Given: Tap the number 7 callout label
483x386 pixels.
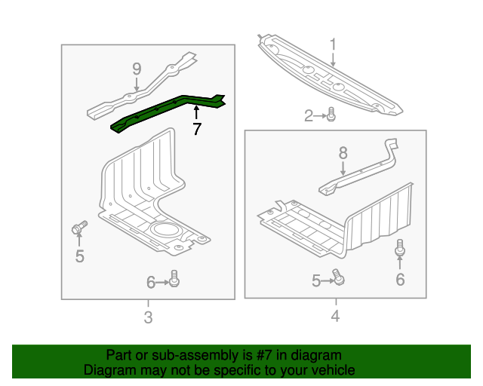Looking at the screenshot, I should (197, 130).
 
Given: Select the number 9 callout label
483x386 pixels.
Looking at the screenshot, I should (137, 69).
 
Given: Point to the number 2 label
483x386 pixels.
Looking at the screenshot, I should (309, 115).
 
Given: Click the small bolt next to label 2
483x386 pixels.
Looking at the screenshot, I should (331, 115).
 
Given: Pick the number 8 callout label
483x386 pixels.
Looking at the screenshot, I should (343, 153).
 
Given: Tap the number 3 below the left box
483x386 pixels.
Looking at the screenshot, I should (148, 317).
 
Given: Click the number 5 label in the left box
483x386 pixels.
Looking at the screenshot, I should (80, 257).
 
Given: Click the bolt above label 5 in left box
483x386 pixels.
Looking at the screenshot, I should (79, 228).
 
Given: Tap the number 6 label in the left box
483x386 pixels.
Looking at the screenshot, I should (151, 282).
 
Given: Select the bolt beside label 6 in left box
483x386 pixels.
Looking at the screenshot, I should (174, 278).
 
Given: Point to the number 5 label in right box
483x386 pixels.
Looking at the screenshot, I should (316, 281).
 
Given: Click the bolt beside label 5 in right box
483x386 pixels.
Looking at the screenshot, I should (340, 280).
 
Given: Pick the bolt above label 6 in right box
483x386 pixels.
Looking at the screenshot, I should (400, 247).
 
